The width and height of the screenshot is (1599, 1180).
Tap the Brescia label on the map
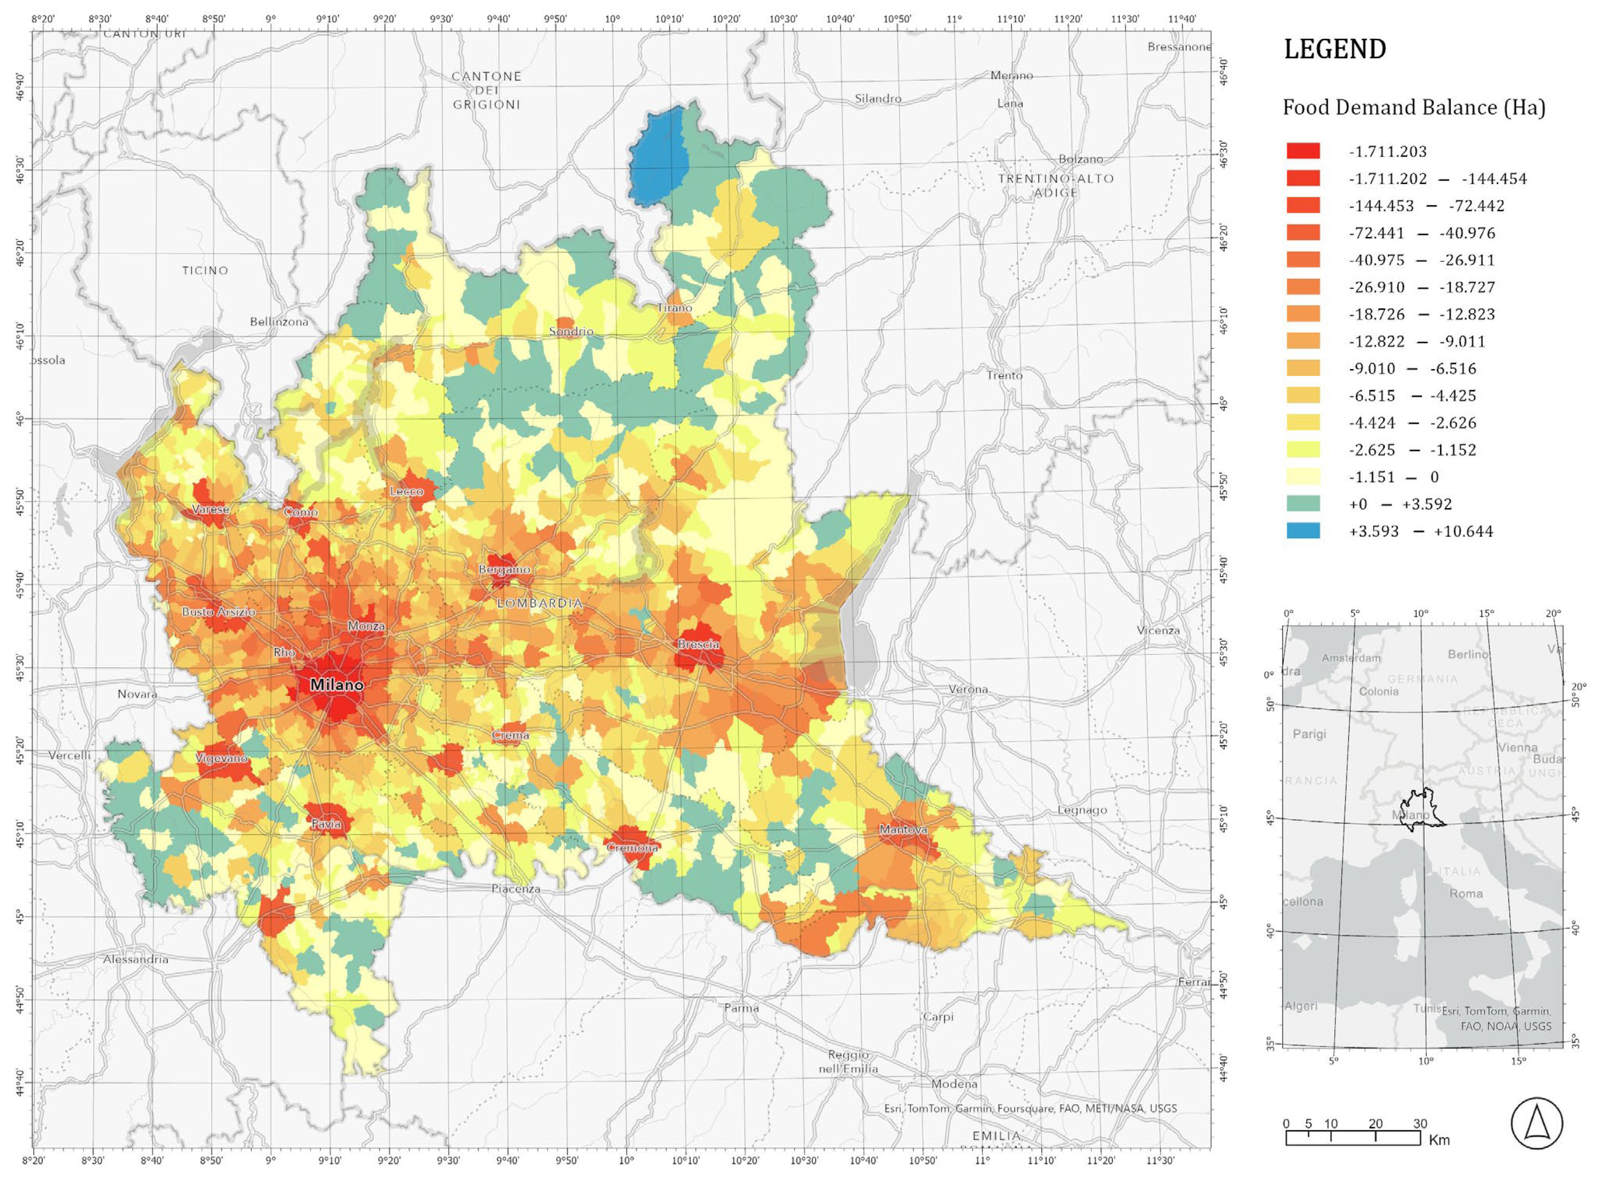[698, 644]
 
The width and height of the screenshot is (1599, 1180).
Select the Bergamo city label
[504, 569]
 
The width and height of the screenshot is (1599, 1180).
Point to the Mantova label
[903, 829]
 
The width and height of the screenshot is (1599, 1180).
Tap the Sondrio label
[571, 331]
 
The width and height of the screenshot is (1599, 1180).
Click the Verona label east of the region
[968, 689]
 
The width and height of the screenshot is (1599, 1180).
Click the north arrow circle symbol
[1536, 1123]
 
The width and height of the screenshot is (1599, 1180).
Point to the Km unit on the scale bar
[1439, 1140]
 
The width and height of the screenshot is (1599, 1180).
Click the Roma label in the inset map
[1466, 893]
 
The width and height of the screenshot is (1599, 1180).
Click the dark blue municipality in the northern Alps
[657, 157]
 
